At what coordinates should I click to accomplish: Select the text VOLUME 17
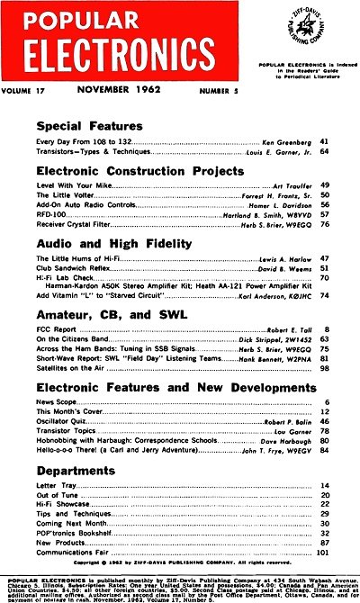[32, 90]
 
